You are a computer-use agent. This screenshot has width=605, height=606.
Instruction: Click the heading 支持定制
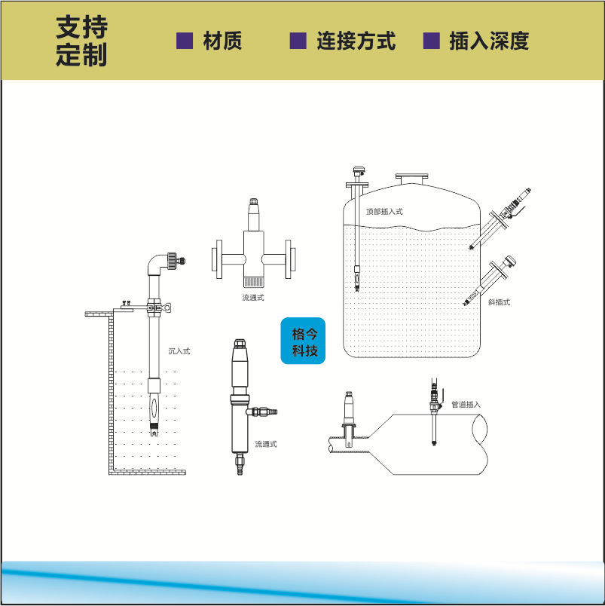[x=81, y=41]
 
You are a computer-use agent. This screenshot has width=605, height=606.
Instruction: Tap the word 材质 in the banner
[x=223, y=41]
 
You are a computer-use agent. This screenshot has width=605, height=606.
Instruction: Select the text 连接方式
[x=356, y=41]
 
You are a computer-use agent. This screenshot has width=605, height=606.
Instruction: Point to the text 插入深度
[x=489, y=41]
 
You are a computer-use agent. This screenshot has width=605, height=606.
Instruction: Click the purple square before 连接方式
[x=298, y=41]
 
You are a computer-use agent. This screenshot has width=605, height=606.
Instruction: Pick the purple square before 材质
[x=185, y=41]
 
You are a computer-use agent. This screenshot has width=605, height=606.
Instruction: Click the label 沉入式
[x=179, y=350]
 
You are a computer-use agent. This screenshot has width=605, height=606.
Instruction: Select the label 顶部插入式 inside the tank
[x=384, y=212]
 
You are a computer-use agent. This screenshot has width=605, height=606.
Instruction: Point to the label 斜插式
[x=499, y=302]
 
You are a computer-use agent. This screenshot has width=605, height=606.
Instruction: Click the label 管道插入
[x=466, y=405]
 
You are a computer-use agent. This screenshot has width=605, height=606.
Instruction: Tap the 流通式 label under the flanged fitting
[x=253, y=298]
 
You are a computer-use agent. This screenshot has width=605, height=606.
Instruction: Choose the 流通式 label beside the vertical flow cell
[x=266, y=444]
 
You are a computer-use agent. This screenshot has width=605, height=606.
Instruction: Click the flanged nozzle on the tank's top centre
[x=412, y=179]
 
